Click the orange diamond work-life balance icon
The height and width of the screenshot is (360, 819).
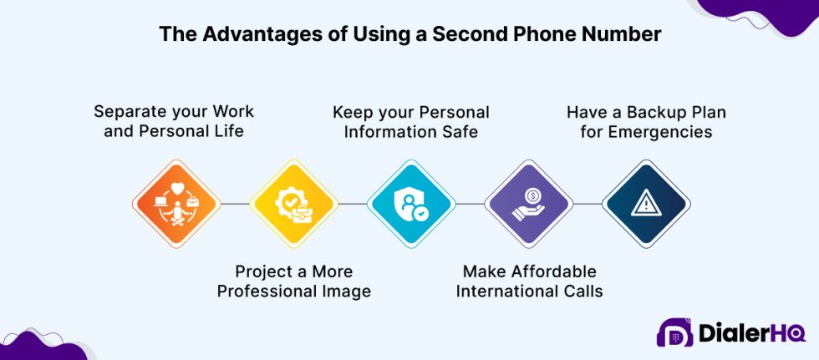click(x=176, y=203)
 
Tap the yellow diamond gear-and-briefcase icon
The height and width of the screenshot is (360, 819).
click(x=294, y=203)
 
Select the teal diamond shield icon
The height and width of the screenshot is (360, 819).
click(x=411, y=203)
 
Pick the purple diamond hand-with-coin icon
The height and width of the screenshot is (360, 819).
click(x=528, y=203)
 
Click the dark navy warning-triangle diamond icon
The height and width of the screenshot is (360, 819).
click(x=646, y=203)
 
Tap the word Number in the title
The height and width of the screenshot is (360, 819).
click(x=622, y=34)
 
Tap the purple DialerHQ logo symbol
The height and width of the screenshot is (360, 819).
click(x=674, y=332)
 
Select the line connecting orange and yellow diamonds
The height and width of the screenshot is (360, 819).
click(x=235, y=203)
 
